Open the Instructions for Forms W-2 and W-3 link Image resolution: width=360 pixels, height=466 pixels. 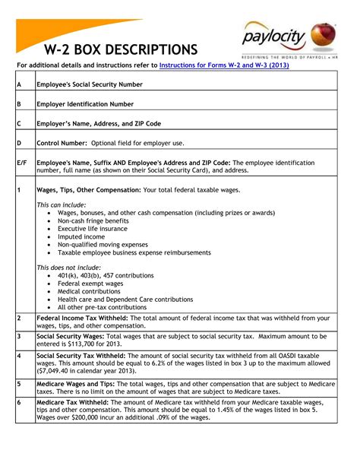(224, 66)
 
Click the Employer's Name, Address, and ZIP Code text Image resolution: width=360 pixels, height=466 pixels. (99, 123)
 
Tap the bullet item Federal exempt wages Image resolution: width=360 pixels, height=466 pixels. (90, 283)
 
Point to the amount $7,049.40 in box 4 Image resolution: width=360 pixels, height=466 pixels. (58, 371)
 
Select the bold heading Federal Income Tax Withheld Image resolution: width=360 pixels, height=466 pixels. (84, 318)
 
